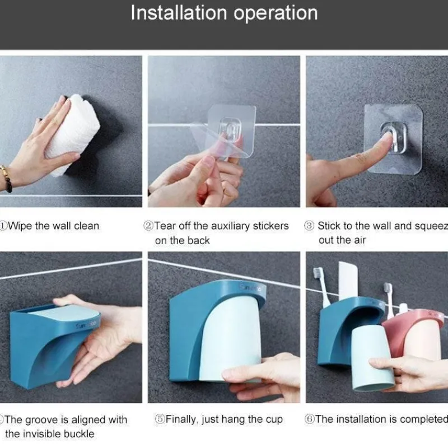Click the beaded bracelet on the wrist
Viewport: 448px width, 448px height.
[x=6, y=178]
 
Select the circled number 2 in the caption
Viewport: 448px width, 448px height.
[x=148, y=226]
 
